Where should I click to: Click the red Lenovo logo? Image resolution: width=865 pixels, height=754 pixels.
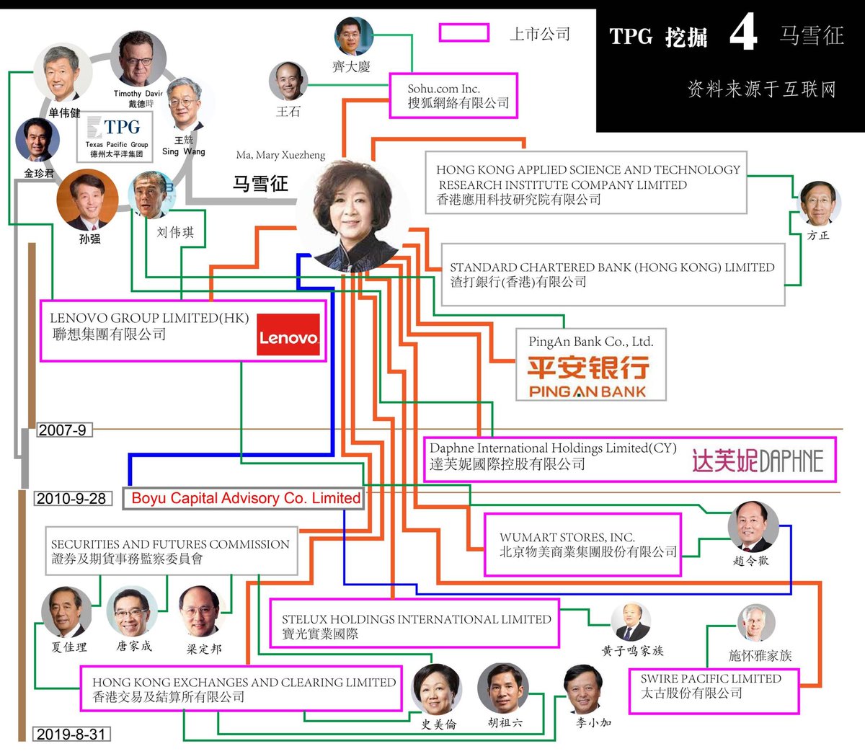click(x=288, y=335)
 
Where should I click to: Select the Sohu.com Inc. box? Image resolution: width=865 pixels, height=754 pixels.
click(x=453, y=96)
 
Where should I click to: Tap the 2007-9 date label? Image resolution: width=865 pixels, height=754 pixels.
click(x=62, y=430)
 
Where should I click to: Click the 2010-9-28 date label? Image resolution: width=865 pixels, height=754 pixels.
click(x=71, y=499)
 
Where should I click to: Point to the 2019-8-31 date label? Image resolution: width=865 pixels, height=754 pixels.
click(x=71, y=735)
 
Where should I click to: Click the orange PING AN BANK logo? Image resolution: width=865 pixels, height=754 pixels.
click(x=587, y=376)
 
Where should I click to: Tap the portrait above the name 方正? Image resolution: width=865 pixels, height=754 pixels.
click(x=820, y=203)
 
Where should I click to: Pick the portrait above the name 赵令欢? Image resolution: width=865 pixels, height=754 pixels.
click(x=753, y=526)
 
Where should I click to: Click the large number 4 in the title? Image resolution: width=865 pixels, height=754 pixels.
click(x=742, y=33)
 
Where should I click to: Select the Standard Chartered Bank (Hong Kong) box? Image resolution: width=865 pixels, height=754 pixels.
click(x=613, y=275)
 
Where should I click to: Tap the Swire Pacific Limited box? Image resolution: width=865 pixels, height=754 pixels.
click(x=713, y=691)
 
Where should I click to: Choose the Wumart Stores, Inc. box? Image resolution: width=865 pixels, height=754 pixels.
click(x=582, y=544)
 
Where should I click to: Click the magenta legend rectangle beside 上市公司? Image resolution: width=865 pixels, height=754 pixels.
click(x=464, y=32)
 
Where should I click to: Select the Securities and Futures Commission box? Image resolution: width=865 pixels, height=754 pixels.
click(x=172, y=551)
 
